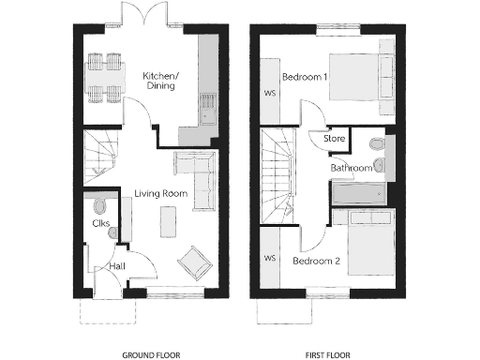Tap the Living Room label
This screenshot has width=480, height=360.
[160, 194]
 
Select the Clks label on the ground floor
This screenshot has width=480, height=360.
[101, 224]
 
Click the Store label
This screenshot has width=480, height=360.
[335, 139]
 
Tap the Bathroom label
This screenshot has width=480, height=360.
[351, 168]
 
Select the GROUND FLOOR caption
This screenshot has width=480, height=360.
[151, 355]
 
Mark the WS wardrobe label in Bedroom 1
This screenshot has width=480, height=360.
[269, 93]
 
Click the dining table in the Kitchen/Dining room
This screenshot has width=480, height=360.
[104, 78]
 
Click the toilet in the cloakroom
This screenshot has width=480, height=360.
[100, 204]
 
